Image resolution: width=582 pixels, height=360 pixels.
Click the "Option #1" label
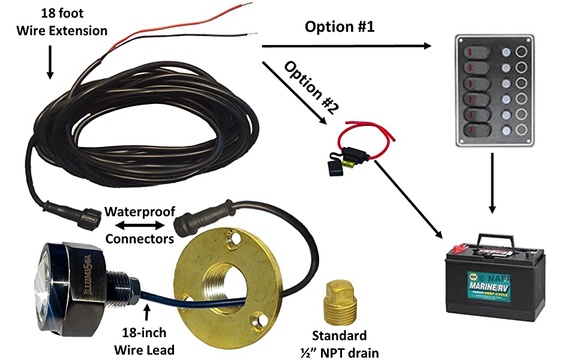point(340,28)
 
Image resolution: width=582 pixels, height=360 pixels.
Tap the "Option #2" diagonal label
point(312,87)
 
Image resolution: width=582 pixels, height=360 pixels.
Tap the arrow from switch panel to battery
point(492,184)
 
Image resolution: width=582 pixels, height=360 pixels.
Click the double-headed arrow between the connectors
point(139,226)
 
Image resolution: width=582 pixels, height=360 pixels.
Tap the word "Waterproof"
point(139,212)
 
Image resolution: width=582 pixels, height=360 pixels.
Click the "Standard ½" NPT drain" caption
point(339,343)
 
